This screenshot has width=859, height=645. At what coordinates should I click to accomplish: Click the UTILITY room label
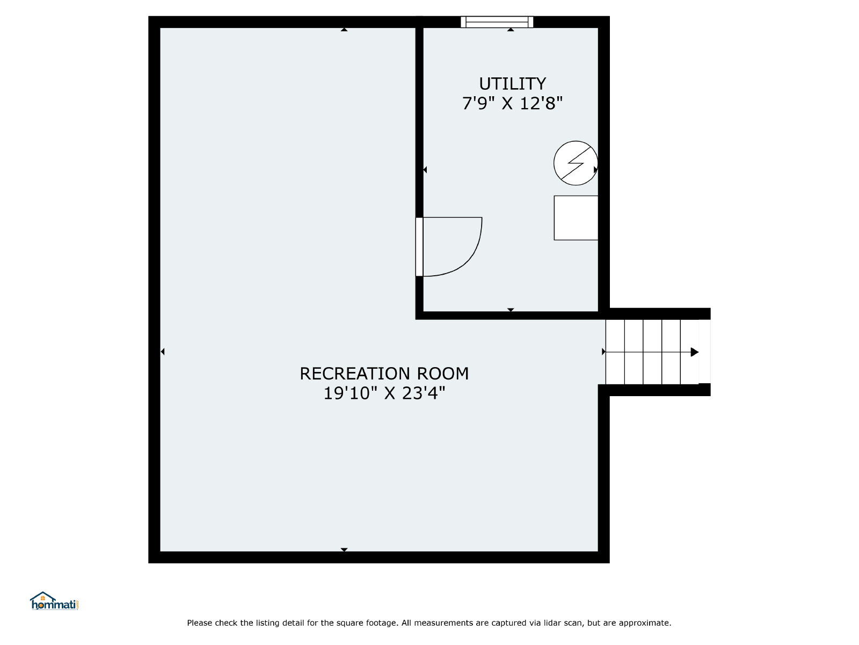coord(512,84)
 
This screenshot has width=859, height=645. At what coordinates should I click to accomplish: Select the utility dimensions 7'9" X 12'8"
coord(512,103)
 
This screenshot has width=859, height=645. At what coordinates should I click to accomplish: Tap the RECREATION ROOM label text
coord(384,374)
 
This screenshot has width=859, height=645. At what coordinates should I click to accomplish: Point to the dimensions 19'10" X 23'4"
coord(384,393)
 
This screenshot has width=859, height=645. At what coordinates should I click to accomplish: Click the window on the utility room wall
coord(497,22)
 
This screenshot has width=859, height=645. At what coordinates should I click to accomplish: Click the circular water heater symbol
coord(576,163)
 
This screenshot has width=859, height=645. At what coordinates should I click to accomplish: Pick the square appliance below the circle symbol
coord(576,218)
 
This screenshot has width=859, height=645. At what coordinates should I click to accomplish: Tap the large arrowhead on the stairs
coord(694,352)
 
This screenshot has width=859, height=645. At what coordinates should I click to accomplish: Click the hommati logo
coord(54,601)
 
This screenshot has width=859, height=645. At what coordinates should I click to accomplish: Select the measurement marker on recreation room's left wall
coord(163,352)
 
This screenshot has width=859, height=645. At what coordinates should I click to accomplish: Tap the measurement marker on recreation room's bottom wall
coord(344,549)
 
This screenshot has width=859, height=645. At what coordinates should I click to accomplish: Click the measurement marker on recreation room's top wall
coord(344,30)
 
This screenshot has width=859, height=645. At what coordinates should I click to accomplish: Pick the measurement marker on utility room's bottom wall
coord(511,310)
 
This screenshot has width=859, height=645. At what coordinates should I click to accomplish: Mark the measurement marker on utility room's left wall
coord(425,169)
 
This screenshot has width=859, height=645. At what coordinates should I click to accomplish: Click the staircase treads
coord(652,352)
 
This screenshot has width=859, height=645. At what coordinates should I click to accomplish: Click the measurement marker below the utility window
coord(511,30)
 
